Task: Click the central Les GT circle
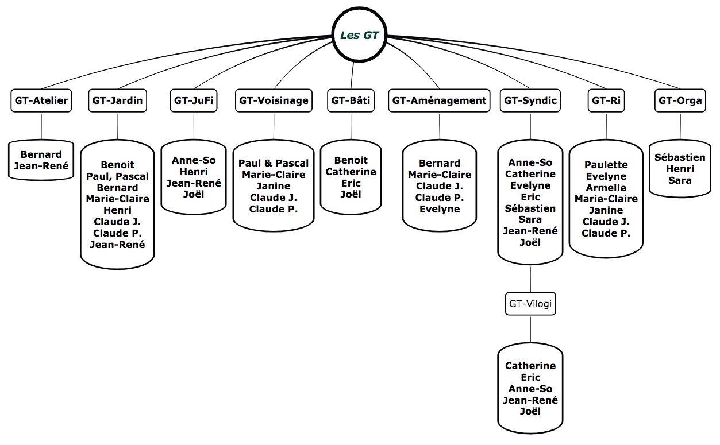tap(360, 35)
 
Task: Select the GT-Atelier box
tap(41, 100)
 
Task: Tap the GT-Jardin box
tap(118, 100)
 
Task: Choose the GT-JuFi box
tap(194, 100)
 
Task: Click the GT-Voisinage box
tap(274, 100)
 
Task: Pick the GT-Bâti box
tap(351, 100)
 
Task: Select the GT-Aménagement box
tap(440, 100)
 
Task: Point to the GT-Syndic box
tap(530, 100)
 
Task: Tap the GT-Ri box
tap(606, 100)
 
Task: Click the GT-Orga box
tap(680, 100)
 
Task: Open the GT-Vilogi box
tap(530, 304)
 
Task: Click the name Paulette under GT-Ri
tap(606, 165)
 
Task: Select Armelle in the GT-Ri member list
tap(606, 188)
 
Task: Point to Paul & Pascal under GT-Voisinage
tap(274, 163)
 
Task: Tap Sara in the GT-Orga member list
tap(680, 180)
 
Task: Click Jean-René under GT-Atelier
tap(41, 166)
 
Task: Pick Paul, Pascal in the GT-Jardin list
tap(117, 176)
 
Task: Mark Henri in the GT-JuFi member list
tap(194, 172)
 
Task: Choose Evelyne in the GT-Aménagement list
tap(440, 209)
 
